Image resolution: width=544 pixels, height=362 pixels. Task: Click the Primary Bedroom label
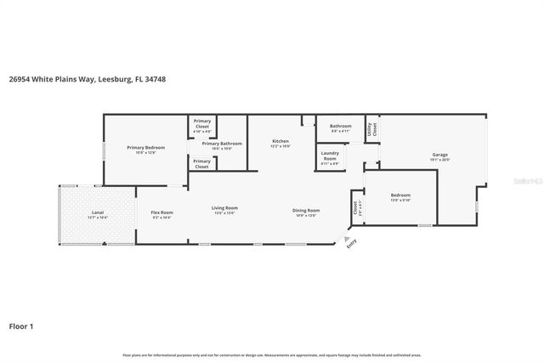tap(145, 148)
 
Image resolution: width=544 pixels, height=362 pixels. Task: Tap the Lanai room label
tap(98, 212)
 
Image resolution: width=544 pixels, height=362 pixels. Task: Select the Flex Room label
tap(161, 212)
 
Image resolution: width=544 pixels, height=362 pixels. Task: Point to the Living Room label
tap(224, 207)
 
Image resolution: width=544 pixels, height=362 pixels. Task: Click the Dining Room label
tap(306, 209)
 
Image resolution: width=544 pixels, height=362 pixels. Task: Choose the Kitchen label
tap(280, 141)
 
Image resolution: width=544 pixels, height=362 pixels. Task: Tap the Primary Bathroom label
tap(222, 144)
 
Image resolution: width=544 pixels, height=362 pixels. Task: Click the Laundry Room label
tap(329, 156)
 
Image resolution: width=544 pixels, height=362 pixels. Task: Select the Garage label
tap(439, 154)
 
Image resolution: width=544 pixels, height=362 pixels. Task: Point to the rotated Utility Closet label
tap(371, 129)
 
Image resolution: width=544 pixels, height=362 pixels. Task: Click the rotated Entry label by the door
tap(350, 244)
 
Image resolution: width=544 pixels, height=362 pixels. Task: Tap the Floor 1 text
tap(20, 325)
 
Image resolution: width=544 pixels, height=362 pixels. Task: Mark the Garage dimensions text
tap(439, 160)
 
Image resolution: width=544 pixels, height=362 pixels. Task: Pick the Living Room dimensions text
tap(224, 213)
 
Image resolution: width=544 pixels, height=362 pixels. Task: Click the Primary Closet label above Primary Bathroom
tap(202, 124)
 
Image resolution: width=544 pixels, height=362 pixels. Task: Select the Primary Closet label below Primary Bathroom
tap(201, 163)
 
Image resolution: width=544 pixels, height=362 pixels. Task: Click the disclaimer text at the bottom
tap(271, 354)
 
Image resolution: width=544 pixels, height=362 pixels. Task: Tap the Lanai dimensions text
tap(98, 218)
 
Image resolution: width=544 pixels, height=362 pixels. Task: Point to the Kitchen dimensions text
tap(280, 147)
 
